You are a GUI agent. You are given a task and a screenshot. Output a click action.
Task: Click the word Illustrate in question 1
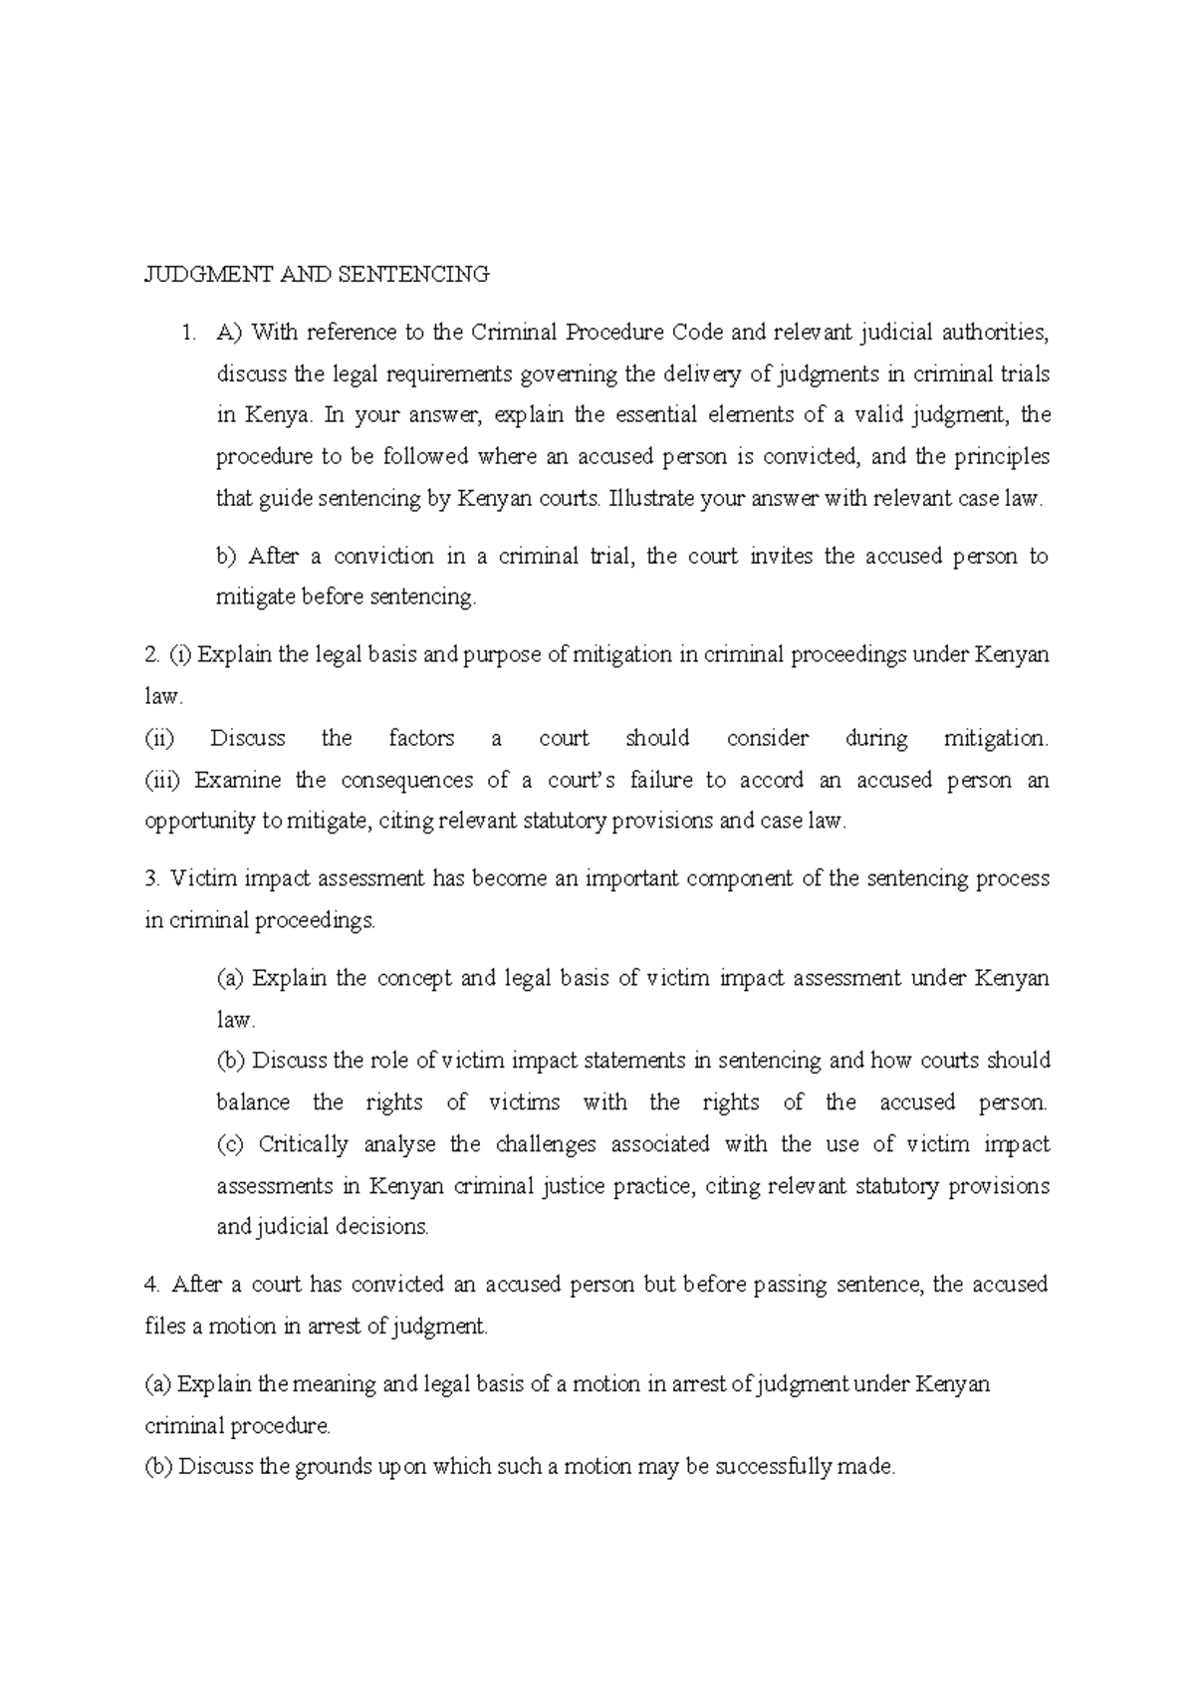pyautogui.click(x=652, y=499)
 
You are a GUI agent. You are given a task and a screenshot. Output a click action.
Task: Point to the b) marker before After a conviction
pyautogui.click(x=226, y=557)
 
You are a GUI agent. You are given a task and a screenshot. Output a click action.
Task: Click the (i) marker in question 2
pyautogui.click(x=179, y=655)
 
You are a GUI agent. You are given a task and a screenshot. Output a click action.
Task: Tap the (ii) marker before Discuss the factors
pyautogui.click(x=159, y=739)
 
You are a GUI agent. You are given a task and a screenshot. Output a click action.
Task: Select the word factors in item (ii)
pyautogui.click(x=421, y=739)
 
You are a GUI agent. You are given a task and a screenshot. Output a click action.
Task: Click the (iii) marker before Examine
pyautogui.click(x=162, y=781)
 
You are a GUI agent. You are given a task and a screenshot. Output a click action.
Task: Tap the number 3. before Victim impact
pyautogui.click(x=152, y=879)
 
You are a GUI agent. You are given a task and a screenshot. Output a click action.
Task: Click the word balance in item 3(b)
pyautogui.click(x=253, y=1103)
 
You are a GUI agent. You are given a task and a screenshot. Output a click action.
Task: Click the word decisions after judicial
pyautogui.click(x=381, y=1228)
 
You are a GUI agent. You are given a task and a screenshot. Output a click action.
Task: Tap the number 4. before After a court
pyautogui.click(x=152, y=1286)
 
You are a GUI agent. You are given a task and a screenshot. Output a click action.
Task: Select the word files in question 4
pyautogui.click(x=164, y=1327)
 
